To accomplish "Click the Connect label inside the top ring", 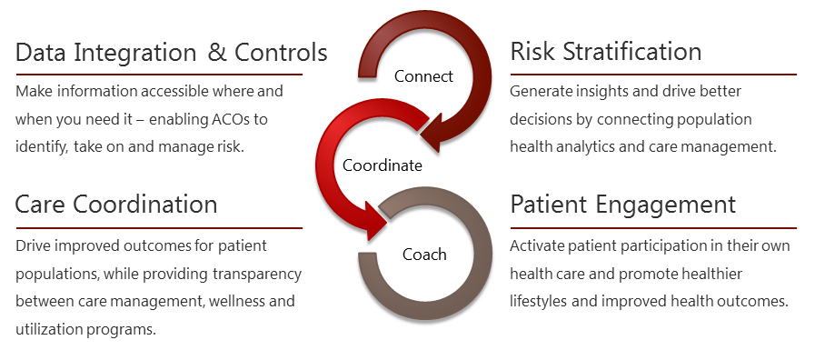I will tap(423, 75).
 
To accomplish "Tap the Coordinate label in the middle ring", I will tap(383, 165).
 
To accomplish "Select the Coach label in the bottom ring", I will tap(424, 254).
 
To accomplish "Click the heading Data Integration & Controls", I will tap(172, 52).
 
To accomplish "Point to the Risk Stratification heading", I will tap(606, 51).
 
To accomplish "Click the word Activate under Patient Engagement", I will tap(536, 246).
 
